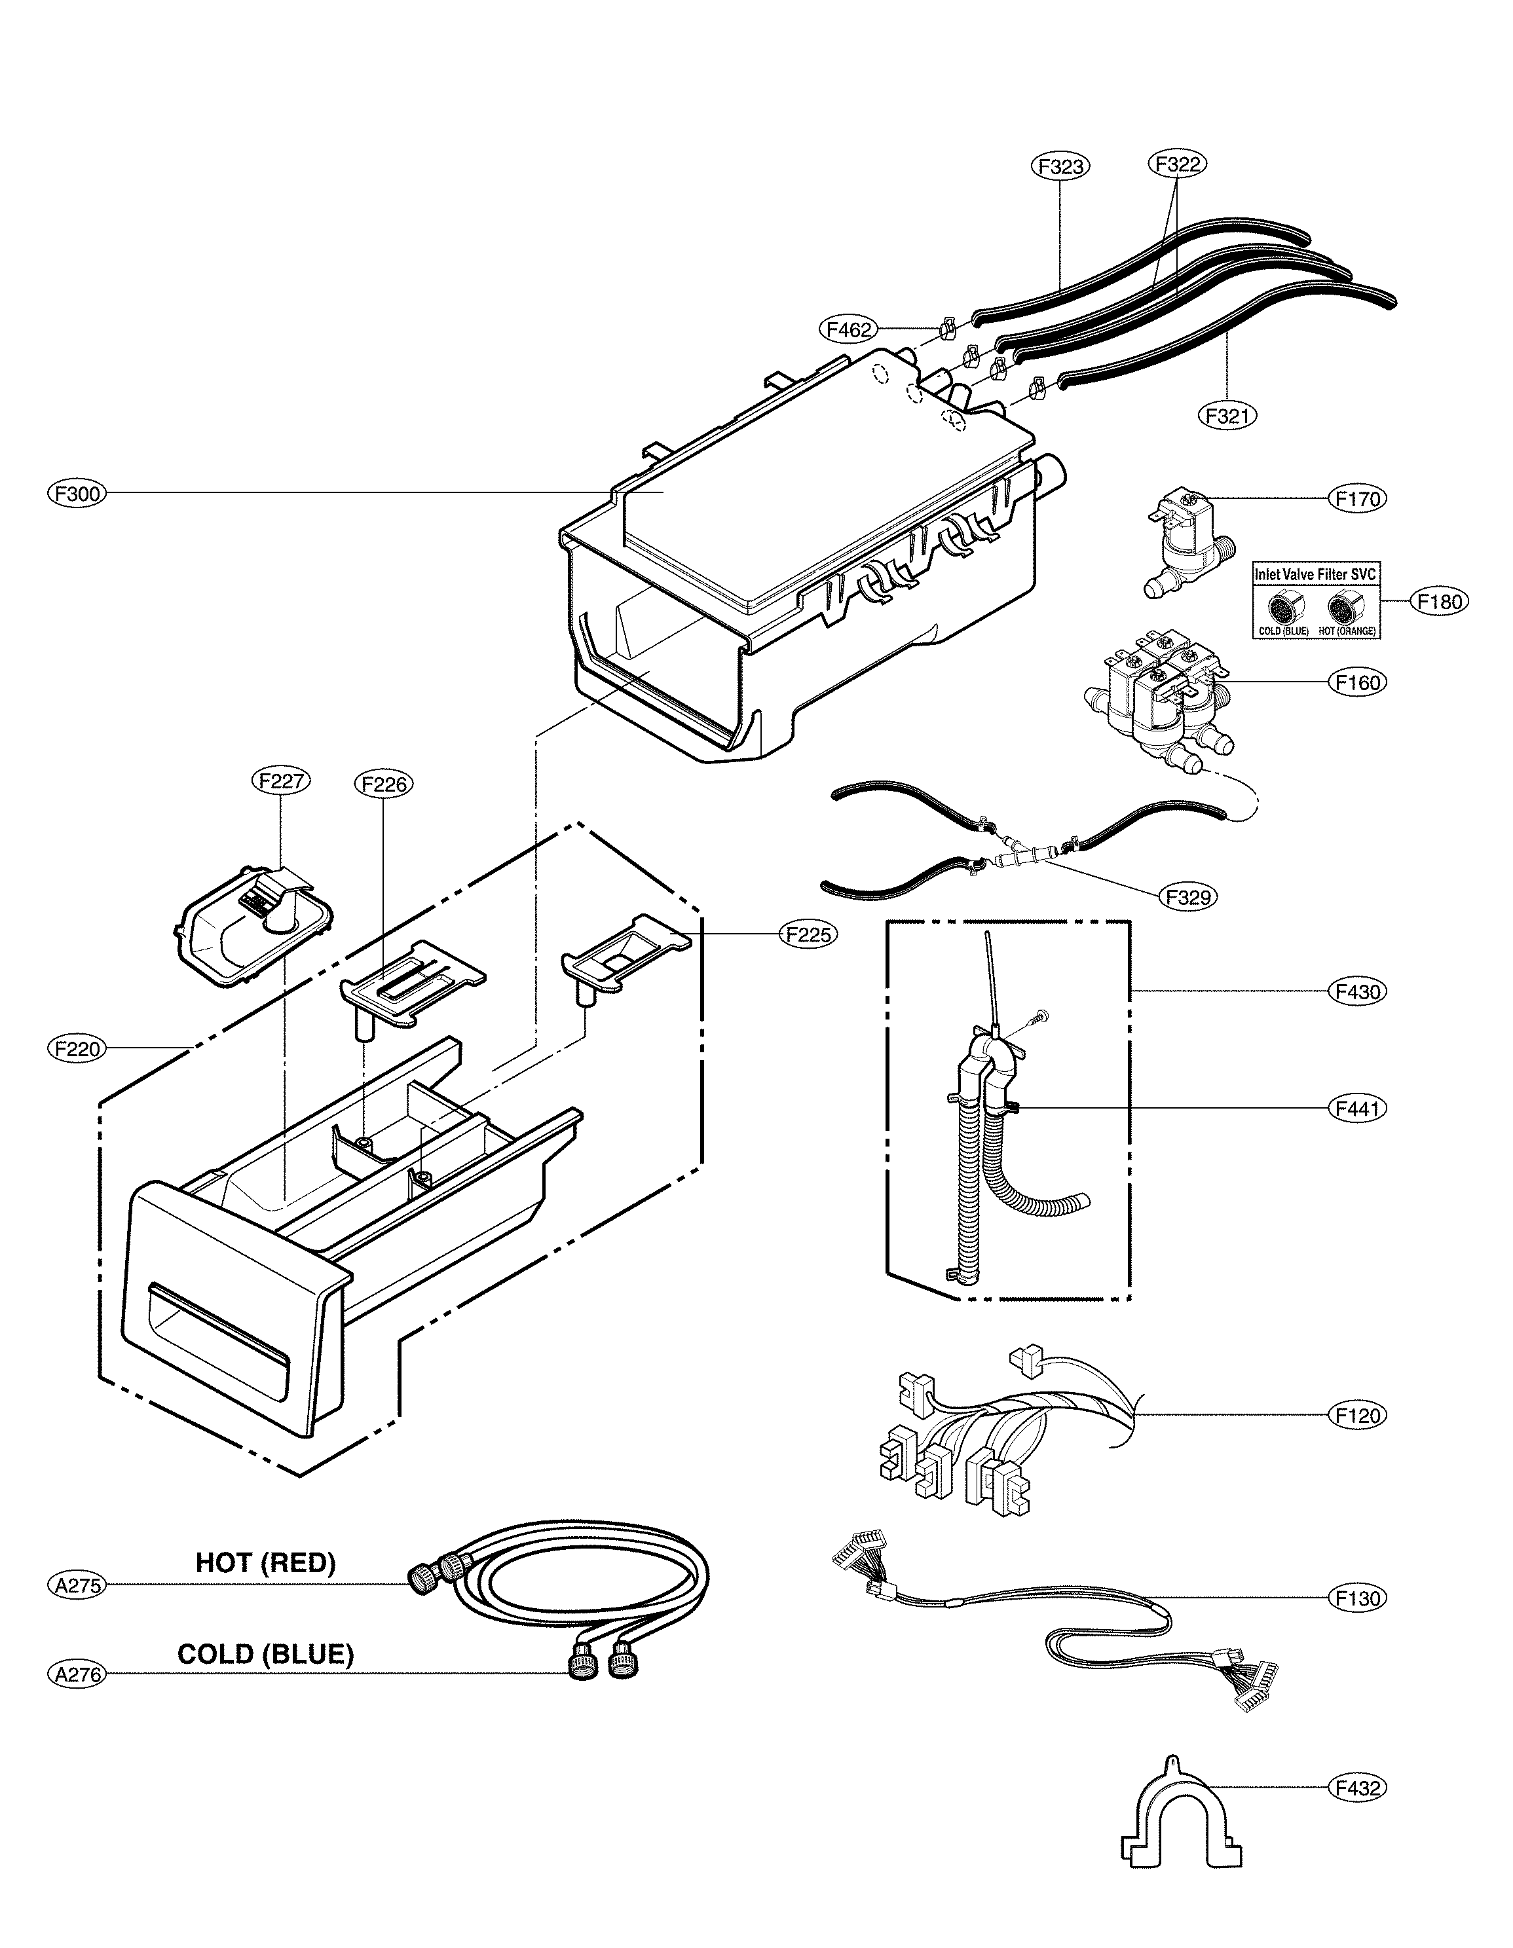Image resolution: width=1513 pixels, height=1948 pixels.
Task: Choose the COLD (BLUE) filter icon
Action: coord(1283,611)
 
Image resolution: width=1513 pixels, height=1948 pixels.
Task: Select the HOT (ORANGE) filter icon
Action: coord(1345,611)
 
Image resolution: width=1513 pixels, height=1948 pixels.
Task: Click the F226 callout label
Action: coord(384,785)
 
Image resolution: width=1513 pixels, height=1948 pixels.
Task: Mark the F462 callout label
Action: coord(848,330)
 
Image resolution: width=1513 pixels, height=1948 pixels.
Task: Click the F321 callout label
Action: coord(1227,414)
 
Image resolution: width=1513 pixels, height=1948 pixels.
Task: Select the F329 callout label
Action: coord(1189,896)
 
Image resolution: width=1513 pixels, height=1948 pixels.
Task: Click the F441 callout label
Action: coord(1358,1109)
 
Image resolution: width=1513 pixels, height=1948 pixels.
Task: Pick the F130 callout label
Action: coord(1358,1598)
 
